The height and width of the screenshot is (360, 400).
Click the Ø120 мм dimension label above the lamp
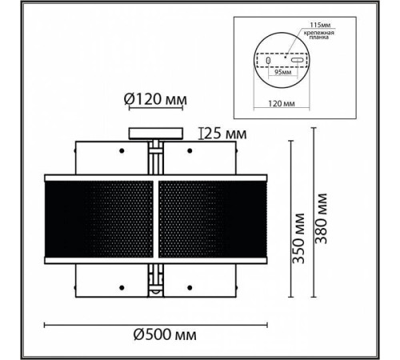155,99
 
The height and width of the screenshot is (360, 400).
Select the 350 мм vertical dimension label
298,238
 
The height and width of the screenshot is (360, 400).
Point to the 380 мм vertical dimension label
321,218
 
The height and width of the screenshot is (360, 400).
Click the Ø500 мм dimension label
165,334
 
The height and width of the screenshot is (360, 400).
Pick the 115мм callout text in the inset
320,25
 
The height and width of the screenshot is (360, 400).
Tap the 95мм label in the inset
282,72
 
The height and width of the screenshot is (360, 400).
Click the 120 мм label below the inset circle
282,103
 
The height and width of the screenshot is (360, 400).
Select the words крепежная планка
319,35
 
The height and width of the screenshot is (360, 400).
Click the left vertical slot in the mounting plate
268,60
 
